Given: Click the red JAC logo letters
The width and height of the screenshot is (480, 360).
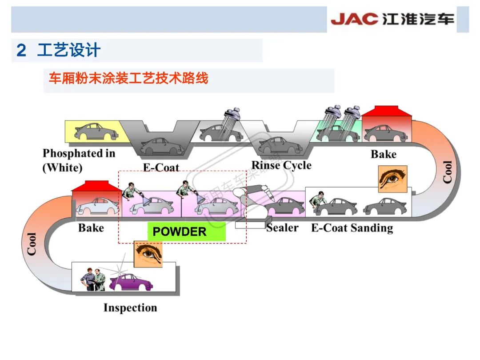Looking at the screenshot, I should [x=354, y=19].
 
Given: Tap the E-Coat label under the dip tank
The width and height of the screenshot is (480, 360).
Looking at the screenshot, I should [x=161, y=168].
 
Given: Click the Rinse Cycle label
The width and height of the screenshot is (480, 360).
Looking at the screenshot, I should [x=281, y=165].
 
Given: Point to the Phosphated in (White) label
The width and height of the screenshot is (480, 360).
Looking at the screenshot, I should [x=79, y=160].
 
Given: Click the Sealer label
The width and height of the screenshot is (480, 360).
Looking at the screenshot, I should [x=283, y=228].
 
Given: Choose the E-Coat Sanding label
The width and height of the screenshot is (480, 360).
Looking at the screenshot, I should [x=352, y=228].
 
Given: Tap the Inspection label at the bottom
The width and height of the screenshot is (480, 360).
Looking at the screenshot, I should [x=130, y=308].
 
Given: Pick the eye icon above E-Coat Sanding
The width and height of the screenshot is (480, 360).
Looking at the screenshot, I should [x=392, y=179].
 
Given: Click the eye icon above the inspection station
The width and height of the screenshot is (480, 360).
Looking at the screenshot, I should [x=148, y=254].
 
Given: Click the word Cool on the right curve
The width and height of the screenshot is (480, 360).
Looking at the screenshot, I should [x=447, y=172].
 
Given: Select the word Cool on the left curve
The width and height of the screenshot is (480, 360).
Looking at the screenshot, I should [x=32, y=244].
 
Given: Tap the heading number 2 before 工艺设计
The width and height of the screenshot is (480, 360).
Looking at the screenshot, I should [x=21, y=50].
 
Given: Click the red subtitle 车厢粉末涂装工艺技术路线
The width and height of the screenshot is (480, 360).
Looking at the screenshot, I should [x=128, y=79].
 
